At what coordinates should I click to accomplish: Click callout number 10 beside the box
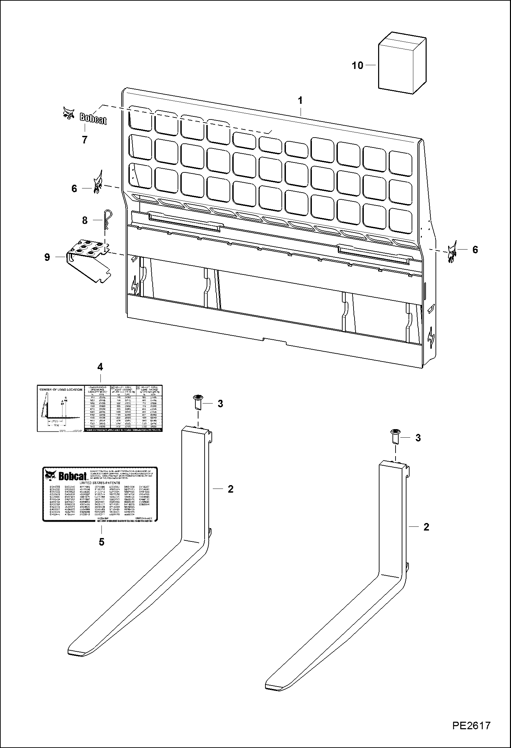click(x=357, y=65)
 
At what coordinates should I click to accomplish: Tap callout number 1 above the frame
click(x=300, y=100)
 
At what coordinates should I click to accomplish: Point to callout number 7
click(x=84, y=139)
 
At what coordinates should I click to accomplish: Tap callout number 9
click(x=47, y=257)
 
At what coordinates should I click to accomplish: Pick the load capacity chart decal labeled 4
click(x=99, y=408)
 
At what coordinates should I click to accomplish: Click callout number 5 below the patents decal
click(x=101, y=542)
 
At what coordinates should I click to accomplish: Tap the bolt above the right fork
click(x=395, y=437)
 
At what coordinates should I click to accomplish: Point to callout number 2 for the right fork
click(x=426, y=527)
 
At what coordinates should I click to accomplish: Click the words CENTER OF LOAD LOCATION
click(x=60, y=389)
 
